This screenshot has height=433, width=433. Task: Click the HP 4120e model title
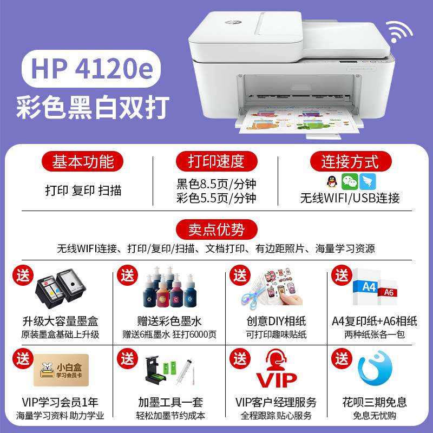(x=91, y=69)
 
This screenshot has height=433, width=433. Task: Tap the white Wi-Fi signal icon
(x=398, y=32)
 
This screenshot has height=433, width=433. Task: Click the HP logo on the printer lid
(x=229, y=22)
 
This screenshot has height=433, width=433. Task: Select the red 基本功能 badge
(x=82, y=161)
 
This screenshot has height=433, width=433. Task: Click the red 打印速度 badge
(x=216, y=161)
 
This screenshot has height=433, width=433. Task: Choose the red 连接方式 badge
(x=351, y=161)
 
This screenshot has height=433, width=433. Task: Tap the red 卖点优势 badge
(x=216, y=229)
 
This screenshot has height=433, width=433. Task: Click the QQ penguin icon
(x=332, y=182)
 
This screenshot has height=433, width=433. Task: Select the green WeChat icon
(x=350, y=182)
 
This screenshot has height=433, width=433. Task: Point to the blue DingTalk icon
(x=368, y=182)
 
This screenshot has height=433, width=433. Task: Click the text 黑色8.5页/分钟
(x=216, y=184)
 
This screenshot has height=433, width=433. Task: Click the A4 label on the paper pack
(x=369, y=287)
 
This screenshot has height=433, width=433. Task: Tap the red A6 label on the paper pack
(x=389, y=292)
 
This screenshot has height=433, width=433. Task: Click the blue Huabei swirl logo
(x=375, y=368)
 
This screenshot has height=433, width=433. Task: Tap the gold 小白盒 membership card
(x=61, y=370)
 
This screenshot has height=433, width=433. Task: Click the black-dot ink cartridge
(x=71, y=286)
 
